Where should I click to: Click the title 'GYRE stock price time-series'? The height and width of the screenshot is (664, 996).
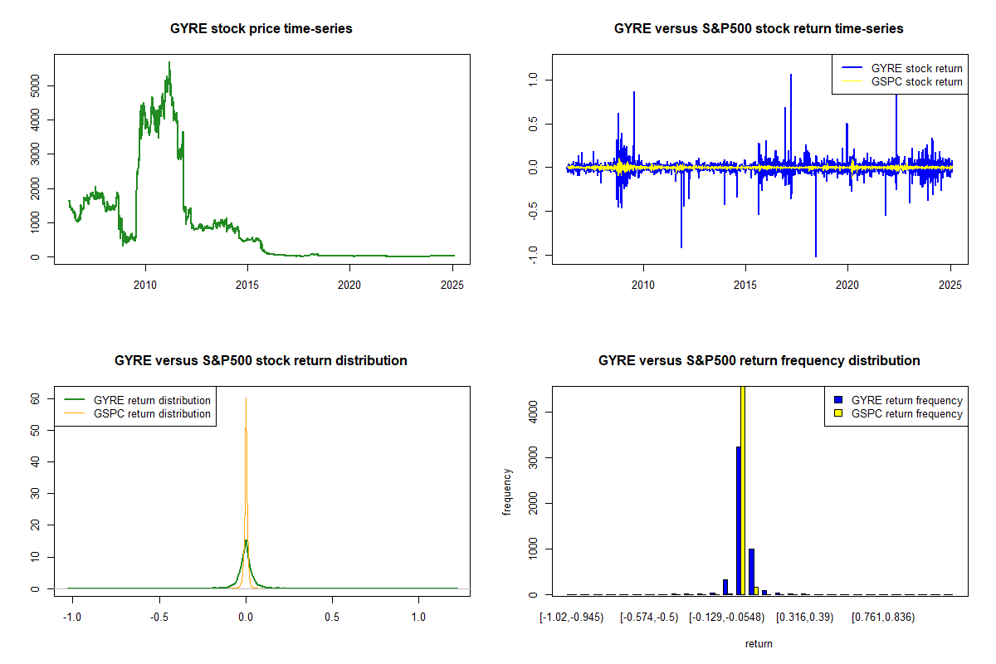[261, 29]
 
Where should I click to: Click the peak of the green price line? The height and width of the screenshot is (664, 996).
[169, 62]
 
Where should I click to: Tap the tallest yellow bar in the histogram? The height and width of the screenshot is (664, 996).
[743, 490]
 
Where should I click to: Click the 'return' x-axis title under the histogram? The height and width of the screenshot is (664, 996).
[759, 643]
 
